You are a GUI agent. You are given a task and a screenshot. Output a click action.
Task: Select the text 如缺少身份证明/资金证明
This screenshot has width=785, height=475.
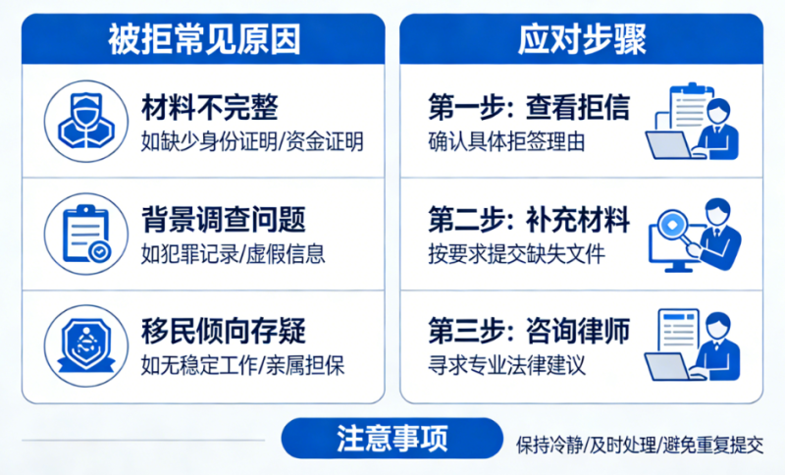point(252,141)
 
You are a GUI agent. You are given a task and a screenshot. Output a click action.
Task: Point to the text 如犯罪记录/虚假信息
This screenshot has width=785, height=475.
point(233,254)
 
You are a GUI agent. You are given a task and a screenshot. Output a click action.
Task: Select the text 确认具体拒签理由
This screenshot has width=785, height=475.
point(506,141)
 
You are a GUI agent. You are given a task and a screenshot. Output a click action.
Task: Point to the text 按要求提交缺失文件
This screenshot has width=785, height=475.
point(516,254)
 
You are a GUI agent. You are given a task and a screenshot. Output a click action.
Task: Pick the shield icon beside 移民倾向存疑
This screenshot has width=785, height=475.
point(86,346)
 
